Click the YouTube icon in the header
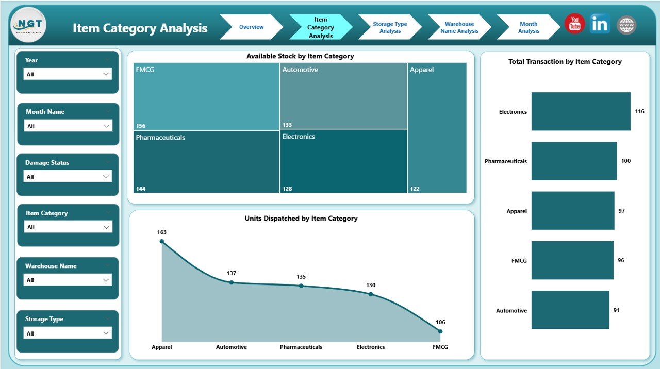(x=574, y=24)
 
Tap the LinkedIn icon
(x=600, y=24)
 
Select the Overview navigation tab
(x=251, y=27)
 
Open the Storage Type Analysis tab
(x=390, y=27)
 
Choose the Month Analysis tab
(x=529, y=27)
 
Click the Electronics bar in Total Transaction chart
(x=581, y=111)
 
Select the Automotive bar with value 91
(x=570, y=310)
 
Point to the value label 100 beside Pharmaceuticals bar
(x=625, y=161)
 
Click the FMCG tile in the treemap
(x=206, y=96)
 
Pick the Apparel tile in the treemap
(x=437, y=128)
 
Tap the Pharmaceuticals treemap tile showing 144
(x=206, y=161)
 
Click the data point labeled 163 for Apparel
(x=162, y=241)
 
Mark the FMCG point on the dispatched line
(x=440, y=331)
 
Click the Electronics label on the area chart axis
(x=371, y=347)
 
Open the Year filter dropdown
(x=68, y=74)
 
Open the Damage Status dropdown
(x=68, y=177)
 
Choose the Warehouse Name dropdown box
(x=68, y=280)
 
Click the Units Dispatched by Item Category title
(x=301, y=219)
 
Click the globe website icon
(x=626, y=25)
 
